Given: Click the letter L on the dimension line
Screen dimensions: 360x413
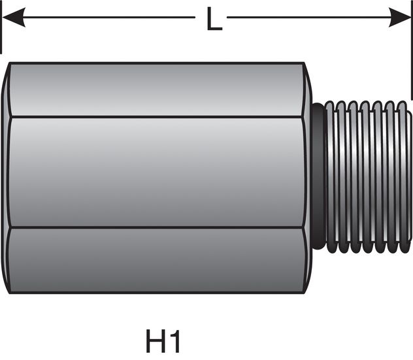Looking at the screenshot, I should pos(213,19).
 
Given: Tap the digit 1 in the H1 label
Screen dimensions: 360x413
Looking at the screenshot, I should pos(173,342).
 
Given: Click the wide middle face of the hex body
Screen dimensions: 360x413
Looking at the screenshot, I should pos(157,172).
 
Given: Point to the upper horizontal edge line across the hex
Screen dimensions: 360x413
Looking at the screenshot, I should pos(157,117).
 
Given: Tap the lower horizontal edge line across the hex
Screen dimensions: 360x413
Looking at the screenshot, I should pos(157,228).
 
